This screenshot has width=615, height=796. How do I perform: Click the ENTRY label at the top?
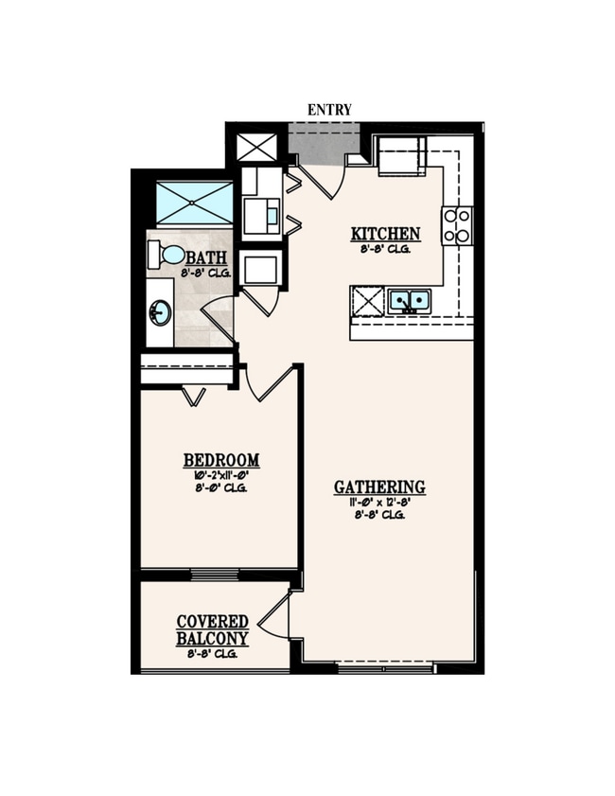[329, 110]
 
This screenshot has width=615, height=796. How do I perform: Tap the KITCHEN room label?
[385, 235]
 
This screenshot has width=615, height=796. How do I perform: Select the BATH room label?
[205, 257]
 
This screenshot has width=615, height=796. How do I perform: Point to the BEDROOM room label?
[220, 461]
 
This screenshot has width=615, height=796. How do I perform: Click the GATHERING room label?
[379, 487]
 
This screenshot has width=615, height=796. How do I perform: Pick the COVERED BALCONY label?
[213, 630]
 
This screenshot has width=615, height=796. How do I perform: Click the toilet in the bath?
[166, 255]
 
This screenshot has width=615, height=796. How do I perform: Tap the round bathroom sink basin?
[160, 312]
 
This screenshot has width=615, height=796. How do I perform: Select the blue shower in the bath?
[194, 203]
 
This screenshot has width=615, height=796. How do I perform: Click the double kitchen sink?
[409, 302]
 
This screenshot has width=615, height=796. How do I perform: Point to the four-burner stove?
[457, 225]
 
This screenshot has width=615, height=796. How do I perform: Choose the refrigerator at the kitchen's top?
[401, 156]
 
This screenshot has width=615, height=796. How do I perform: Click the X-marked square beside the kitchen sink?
[368, 302]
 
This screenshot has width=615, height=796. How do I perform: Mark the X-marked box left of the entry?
[256, 147]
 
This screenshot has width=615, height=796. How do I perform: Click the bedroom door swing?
[269, 383]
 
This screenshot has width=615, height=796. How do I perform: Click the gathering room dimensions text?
[379, 503]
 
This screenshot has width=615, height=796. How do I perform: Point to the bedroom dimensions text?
[220, 476]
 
